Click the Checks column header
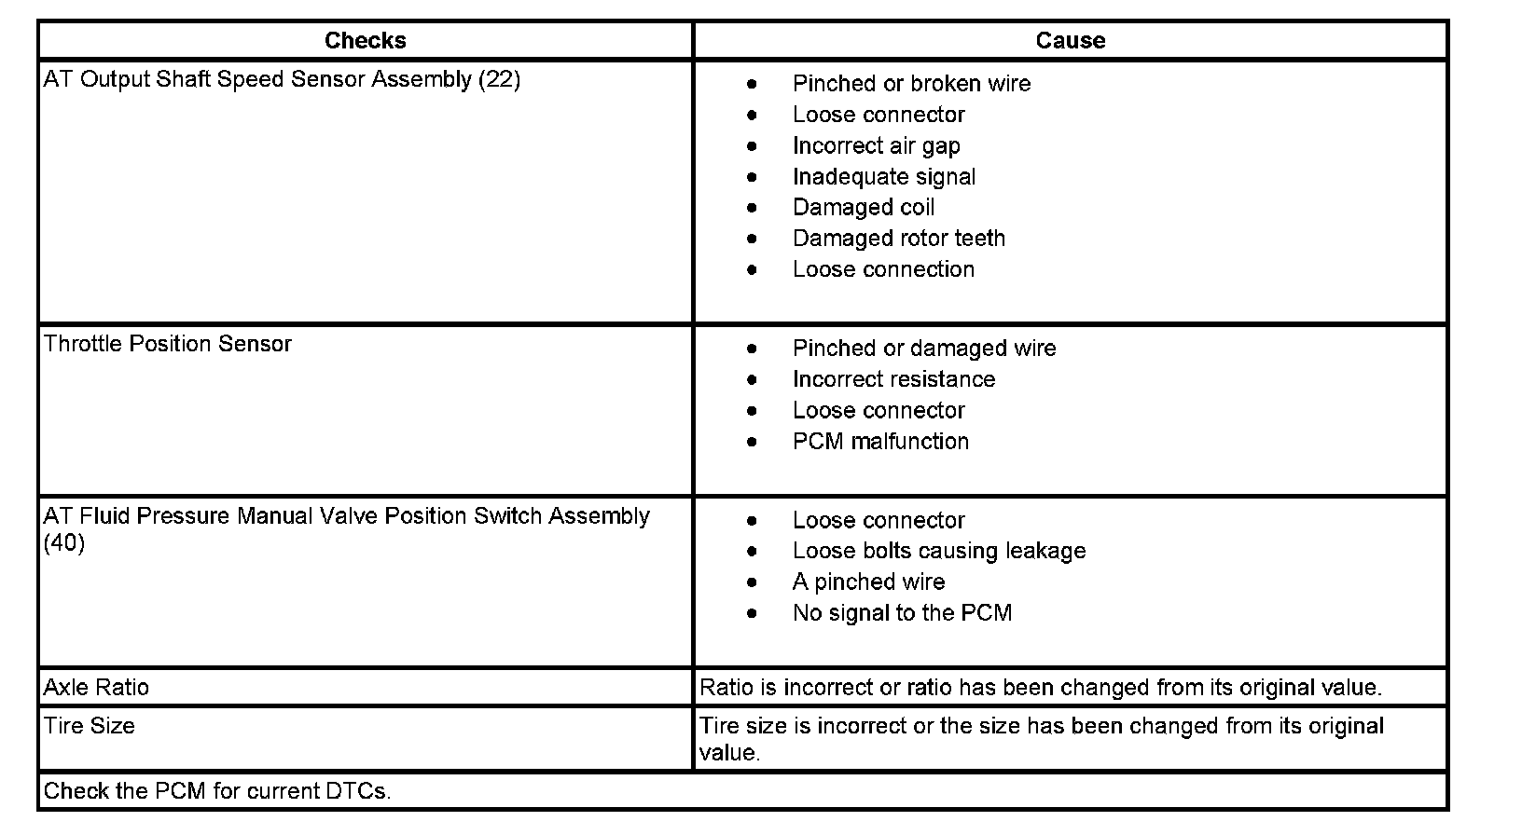tap(365, 41)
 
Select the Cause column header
tap(1070, 41)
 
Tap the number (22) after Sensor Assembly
tap(499, 80)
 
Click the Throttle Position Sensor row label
tap(168, 344)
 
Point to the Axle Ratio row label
tap(96, 688)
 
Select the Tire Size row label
tap(90, 726)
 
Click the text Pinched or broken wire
tap(911, 84)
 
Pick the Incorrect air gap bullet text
tap(876, 146)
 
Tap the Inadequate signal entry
tap(883, 177)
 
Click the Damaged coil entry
tap(863, 208)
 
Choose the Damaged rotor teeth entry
tap(898, 239)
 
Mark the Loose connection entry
tap(883, 269)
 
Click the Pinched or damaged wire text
tap(923, 349)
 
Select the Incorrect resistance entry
tap(893, 379)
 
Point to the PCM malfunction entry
tap(880, 442)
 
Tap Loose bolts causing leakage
tap(938, 552)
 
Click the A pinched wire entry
tap(868, 582)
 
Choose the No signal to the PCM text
tap(902, 613)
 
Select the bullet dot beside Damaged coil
tap(753, 208)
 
